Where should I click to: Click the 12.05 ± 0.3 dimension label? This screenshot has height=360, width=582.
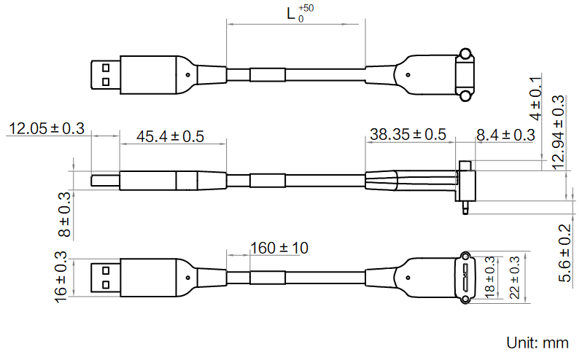pyautogui.click(x=45, y=130)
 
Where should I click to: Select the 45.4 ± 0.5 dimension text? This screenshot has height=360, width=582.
pyautogui.click(x=171, y=136)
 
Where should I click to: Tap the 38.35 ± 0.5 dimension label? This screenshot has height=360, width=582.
pyautogui.click(x=407, y=135)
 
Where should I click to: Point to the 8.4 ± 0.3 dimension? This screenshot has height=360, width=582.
pyautogui.click(x=505, y=135)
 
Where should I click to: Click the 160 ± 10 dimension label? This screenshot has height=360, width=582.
pyautogui.click(x=279, y=249)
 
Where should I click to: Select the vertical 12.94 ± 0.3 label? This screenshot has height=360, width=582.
pyautogui.click(x=558, y=133)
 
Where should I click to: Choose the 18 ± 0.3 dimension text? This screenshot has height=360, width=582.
pyautogui.click(x=489, y=276)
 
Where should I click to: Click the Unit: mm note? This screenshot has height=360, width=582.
pyautogui.click(x=537, y=342)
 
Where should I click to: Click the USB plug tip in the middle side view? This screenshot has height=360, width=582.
pyautogui.click(x=105, y=180)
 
